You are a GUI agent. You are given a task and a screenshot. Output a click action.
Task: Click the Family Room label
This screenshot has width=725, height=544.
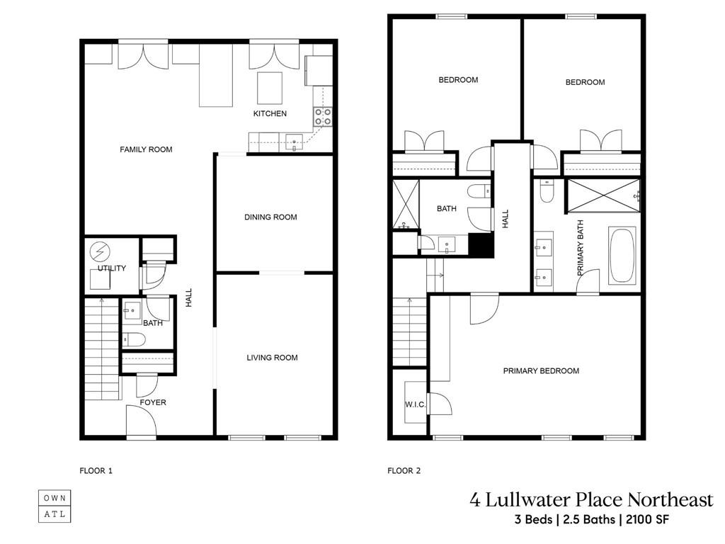(146, 149)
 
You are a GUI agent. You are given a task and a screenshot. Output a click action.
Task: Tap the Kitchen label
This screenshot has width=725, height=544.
(270, 113)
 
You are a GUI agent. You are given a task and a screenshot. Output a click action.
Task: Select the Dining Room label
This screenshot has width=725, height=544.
(270, 217)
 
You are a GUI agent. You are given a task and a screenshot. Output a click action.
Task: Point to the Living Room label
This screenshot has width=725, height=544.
(272, 358)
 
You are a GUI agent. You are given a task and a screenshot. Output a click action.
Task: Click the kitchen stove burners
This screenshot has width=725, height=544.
(323, 117)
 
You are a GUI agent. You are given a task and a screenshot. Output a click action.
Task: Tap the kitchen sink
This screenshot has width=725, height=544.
(294, 142)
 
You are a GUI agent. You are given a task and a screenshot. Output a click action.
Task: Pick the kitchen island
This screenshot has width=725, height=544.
(270, 88)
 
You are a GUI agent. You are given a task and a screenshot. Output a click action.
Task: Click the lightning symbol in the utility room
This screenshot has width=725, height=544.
(100, 251)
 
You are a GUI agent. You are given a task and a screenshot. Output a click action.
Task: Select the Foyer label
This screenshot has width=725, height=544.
(153, 402)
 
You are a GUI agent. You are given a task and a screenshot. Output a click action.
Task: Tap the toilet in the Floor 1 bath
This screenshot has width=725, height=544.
(134, 340)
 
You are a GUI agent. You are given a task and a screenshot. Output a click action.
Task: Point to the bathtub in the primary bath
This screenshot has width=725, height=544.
(623, 255)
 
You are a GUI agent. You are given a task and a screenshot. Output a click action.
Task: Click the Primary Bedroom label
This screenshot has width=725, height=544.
(541, 370)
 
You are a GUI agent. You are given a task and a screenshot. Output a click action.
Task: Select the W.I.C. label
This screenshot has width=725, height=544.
(415, 404)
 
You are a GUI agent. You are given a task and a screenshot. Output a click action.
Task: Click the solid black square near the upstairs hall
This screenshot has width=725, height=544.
(481, 244)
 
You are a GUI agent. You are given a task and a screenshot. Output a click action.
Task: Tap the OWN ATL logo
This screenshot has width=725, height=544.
(55, 506)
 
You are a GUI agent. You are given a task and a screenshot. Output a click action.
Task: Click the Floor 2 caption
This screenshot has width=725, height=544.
(404, 471)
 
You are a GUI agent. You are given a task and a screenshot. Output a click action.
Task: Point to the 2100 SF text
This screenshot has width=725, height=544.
(647, 519)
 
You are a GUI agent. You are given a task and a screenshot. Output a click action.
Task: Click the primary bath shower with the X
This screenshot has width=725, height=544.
(604, 195)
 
